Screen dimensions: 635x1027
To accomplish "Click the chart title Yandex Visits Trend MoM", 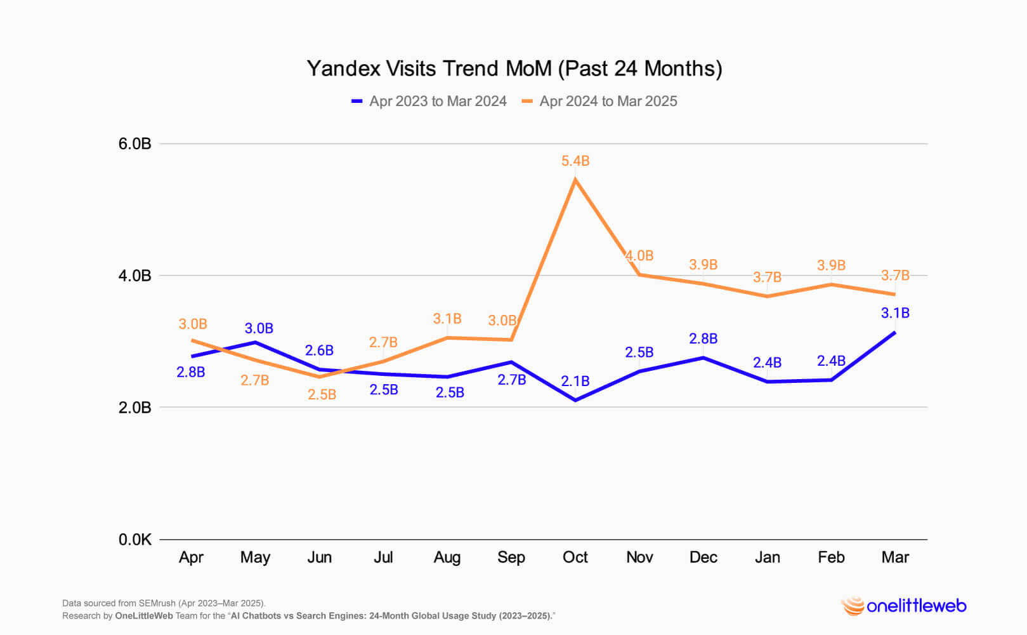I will click(514, 69).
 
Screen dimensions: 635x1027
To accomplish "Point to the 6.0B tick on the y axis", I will click(135, 144).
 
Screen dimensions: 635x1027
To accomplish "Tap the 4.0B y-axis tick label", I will click(135, 276).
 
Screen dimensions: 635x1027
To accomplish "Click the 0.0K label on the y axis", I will click(135, 540).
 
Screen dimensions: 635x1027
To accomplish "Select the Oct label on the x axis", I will click(575, 558).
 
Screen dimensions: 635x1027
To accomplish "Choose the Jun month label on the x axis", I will click(319, 558).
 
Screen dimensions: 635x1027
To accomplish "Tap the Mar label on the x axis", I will click(895, 558).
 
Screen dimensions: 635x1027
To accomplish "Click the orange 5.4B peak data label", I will click(575, 161).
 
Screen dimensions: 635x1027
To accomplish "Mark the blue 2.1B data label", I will click(575, 382).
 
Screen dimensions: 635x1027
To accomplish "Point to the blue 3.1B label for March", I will click(895, 313).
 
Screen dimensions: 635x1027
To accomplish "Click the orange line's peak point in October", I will click(575, 180).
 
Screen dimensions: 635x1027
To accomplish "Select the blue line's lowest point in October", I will click(575, 400).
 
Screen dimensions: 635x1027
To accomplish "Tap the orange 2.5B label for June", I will click(322, 395).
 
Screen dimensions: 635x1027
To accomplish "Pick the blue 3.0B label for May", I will click(259, 329).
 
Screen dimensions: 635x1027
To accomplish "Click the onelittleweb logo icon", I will click(853, 606).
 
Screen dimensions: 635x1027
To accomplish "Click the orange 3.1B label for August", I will click(447, 319).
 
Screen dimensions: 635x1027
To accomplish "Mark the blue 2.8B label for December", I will click(703, 339).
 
